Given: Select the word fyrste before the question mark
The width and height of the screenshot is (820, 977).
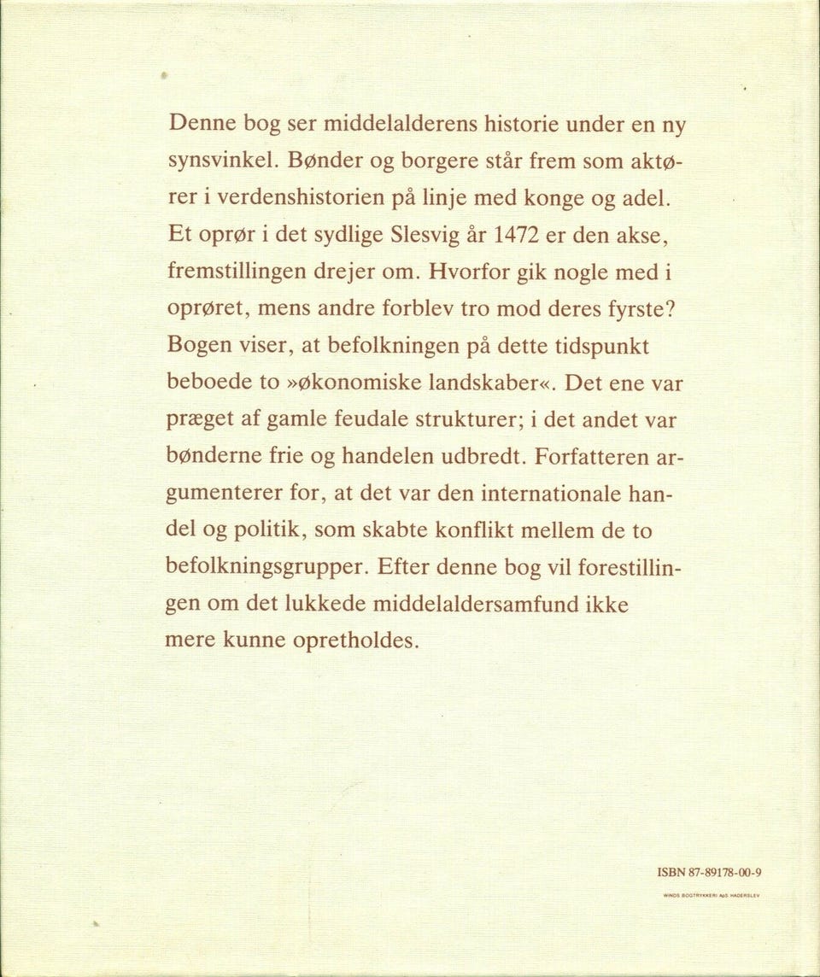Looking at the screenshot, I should tap(630, 308).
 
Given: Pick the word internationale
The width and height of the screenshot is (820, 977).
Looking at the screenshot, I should tap(553, 494).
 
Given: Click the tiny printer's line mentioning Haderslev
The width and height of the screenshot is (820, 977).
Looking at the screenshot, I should tap(711, 896).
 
